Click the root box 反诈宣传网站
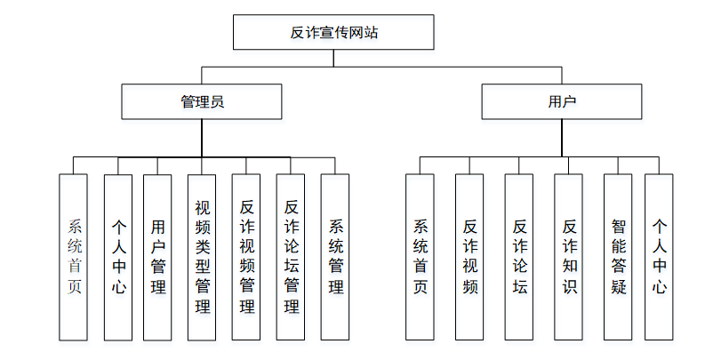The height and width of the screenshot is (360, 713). click(x=334, y=33)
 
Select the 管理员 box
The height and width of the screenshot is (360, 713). click(x=202, y=101)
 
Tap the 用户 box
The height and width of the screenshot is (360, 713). click(x=562, y=101)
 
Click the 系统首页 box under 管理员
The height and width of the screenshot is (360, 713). click(x=74, y=257)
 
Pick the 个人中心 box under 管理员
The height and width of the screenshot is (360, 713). click(x=118, y=257)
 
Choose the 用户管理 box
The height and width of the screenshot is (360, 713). click(x=157, y=257)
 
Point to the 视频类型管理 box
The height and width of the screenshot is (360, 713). click(x=202, y=257)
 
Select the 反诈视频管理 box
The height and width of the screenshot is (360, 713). click(x=246, y=257)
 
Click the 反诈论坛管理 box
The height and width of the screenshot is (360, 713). click(x=291, y=257)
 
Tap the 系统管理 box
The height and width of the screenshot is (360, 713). click(x=335, y=257)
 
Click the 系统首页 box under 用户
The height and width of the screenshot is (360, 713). click(x=421, y=257)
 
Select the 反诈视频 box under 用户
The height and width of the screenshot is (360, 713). click(x=469, y=257)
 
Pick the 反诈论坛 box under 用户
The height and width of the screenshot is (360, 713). click(x=519, y=257)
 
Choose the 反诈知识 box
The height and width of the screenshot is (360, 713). click(x=569, y=257)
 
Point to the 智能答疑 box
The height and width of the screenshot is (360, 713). click(x=618, y=257)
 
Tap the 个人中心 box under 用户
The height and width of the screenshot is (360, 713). click(x=659, y=257)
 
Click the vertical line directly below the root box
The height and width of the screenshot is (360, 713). click(x=334, y=58)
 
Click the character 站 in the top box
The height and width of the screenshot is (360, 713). click(x=372, y=33)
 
